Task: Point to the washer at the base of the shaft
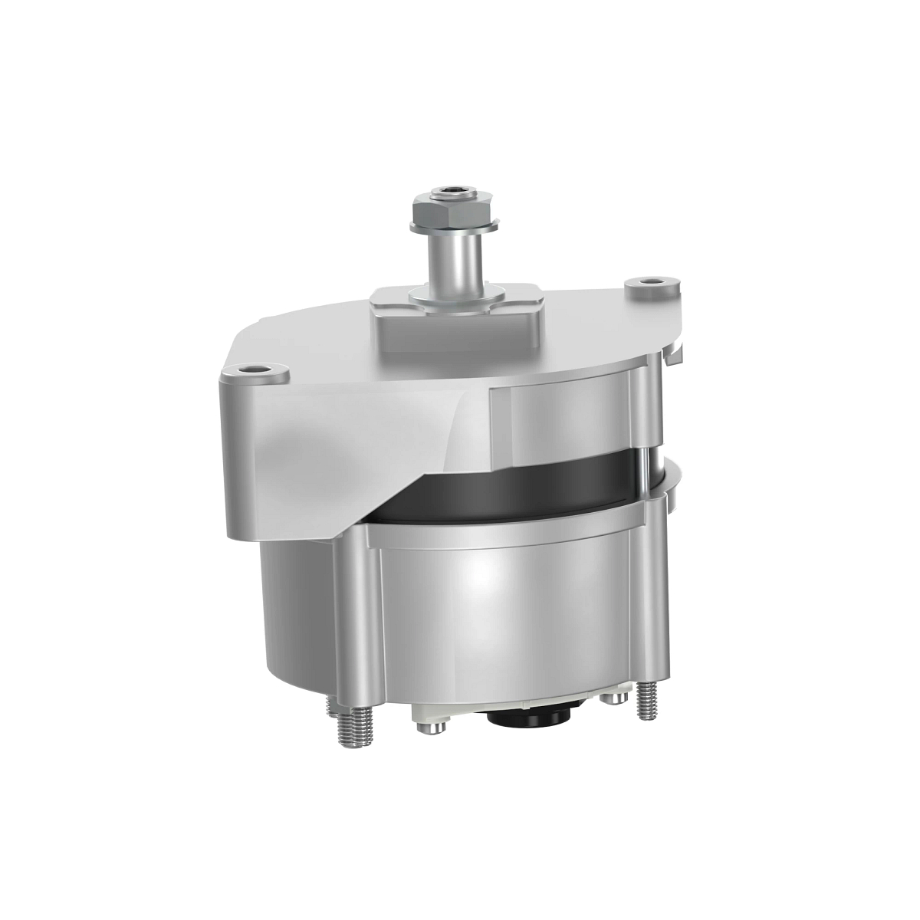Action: click(x=455, y=294)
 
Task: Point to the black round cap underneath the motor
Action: click(x=528, y=718)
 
